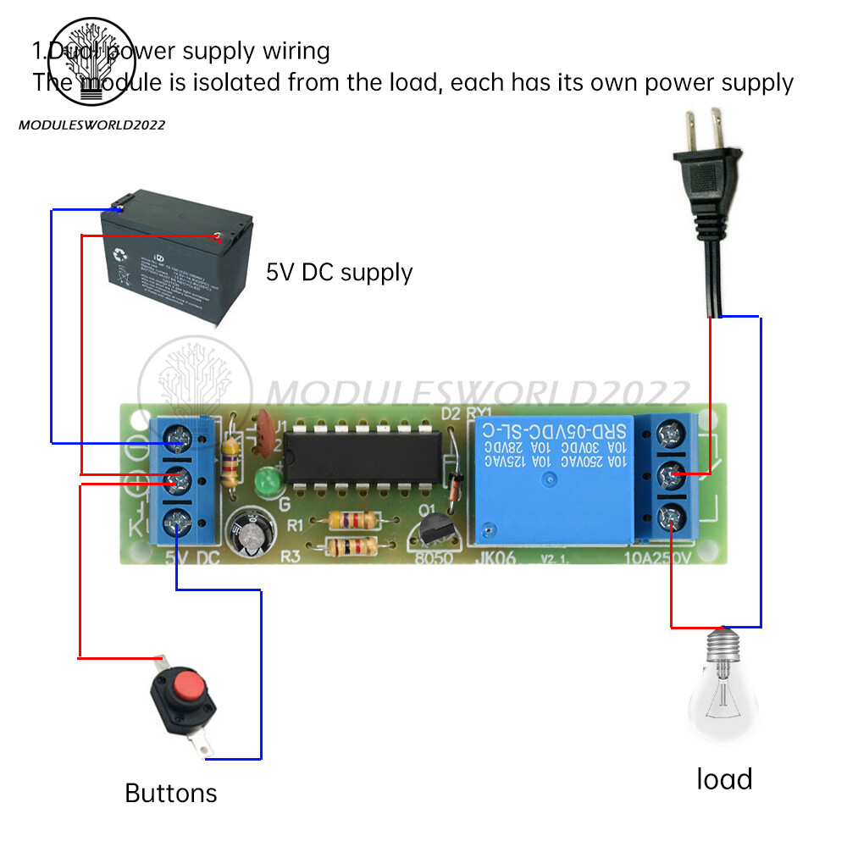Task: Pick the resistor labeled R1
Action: pyautogui.click(x=349, y=520)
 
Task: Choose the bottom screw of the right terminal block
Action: pyautogui.click(x=670, y=512)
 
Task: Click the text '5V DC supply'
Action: pyautogui.click(x=339, y=273)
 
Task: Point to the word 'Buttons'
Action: pyautogui.click(x=171, y=793)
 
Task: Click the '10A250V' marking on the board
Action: pyautogui.click(x=657, y=558)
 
